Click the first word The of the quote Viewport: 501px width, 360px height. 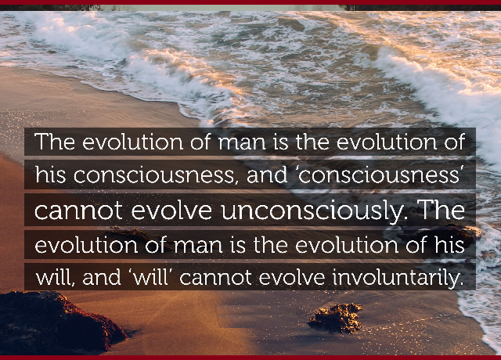click(x=55, y=142)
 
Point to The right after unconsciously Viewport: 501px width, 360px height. click(x=442, y=210)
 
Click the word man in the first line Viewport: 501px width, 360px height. click(x=242, y=143)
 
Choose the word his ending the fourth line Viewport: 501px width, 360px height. click(x=449, y=244)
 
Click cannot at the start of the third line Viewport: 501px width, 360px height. click(x=78, y=211)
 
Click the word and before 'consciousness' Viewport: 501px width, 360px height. click(x=267, y=175)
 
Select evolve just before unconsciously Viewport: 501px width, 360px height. click(x=171, y=211)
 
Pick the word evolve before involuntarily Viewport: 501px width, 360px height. click(x=292, y=278)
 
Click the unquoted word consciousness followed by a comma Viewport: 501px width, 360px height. click(x=156, y=176)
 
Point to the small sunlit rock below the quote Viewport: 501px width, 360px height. click(x=336, y=318)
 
